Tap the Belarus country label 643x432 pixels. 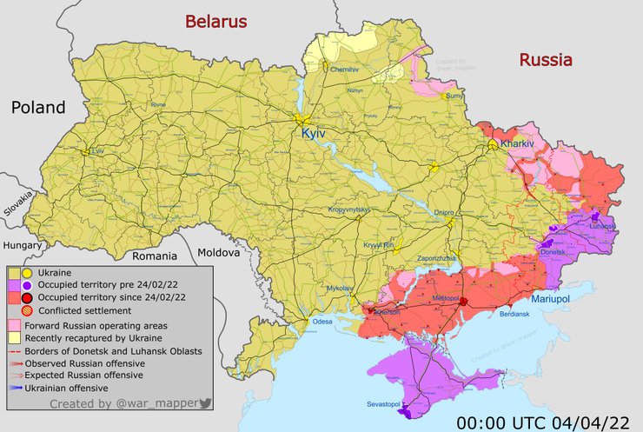[213, 22]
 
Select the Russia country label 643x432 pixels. [546, 60]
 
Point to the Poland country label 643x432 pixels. [38, 108]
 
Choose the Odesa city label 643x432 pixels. [322, 322]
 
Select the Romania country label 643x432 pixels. [154, 256]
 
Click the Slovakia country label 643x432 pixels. [17, 206]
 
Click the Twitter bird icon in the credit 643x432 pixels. [206, 403]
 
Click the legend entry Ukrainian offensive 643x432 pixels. [67, 388]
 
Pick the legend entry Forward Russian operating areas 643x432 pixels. [96, 324]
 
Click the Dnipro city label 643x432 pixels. [444, 211]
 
